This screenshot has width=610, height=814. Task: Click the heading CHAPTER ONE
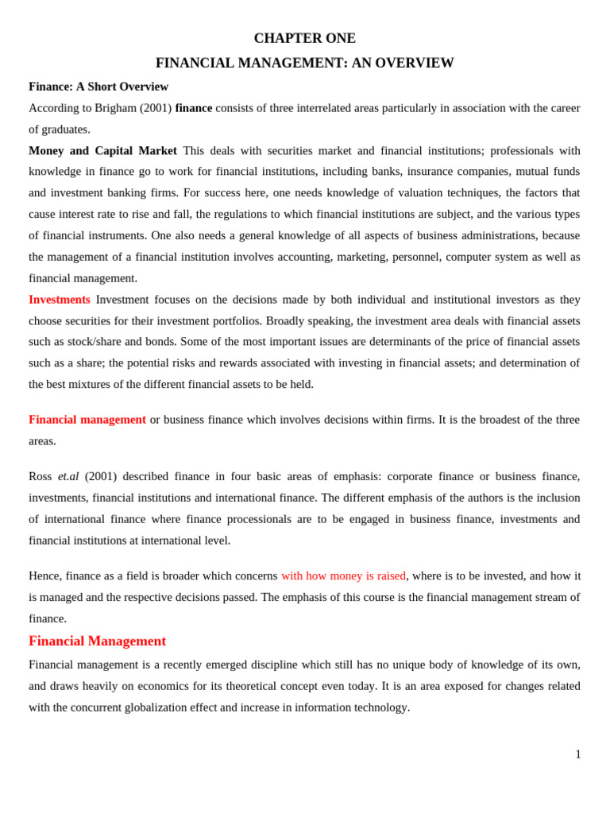(304, 38)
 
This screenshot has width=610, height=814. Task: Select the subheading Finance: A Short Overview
(98, 87)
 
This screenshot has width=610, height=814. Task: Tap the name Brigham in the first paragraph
(115, 108)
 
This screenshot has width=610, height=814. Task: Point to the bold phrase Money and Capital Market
(102, 151)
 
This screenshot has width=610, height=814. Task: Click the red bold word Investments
(60, 300)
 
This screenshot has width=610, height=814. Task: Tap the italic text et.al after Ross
(68, 476)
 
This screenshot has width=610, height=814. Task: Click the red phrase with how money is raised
(343, 576)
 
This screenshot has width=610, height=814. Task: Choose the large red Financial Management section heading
(97, 641)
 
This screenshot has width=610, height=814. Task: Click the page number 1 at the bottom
(578, 754)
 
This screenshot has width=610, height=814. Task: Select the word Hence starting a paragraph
(44, 576)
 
